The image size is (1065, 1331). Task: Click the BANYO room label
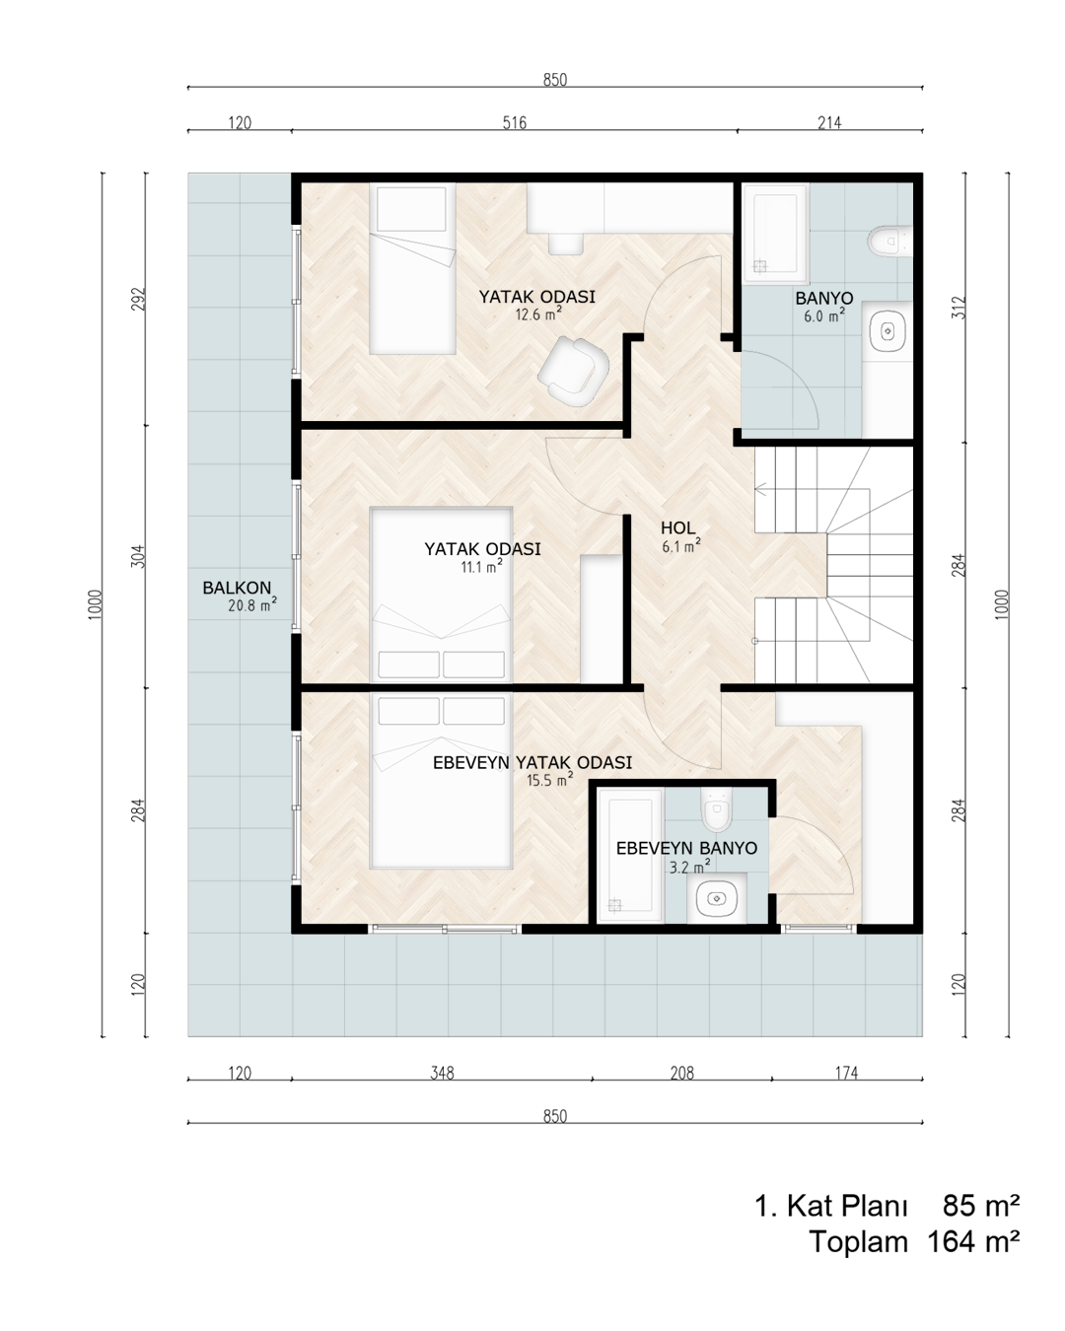click(823, 298)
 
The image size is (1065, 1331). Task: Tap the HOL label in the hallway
click(677, 527)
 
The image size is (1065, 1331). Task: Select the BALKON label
click(237, 588)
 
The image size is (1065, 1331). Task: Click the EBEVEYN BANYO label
click(686, 848)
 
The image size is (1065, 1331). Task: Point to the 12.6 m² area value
click(538, 315)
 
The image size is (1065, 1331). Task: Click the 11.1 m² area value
click(481, 566)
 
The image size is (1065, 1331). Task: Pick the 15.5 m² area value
click(549, 780)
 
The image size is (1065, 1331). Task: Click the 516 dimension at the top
click(514, 123)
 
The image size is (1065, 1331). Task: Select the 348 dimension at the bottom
click(442, 1073)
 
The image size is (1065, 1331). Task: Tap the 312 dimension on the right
click(958, 308)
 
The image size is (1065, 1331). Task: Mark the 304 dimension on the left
click(139, 556)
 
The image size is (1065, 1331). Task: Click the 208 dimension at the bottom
click(682, 1073)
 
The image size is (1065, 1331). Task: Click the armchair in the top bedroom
click(573, 371)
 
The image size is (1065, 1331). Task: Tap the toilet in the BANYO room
click(889, 242)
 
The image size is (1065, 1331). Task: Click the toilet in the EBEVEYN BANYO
click(717, 809)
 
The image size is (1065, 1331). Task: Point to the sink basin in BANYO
click(888, 331)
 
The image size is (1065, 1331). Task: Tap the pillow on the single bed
click(411, 208)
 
